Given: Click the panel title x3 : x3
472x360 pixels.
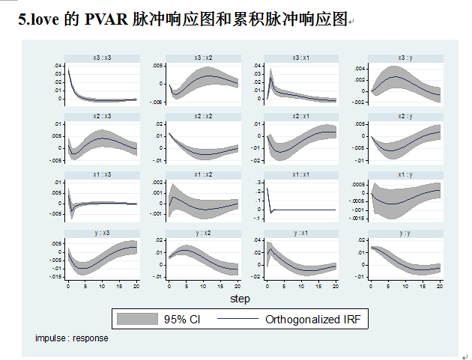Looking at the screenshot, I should (102, 58).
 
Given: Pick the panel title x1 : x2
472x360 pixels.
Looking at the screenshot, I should (203, 174).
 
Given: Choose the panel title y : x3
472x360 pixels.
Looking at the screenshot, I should (102, 233).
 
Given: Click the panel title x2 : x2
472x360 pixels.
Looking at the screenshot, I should (203, 116).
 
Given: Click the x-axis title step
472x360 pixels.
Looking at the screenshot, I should (240, 299).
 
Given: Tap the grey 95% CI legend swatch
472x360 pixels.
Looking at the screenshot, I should (138, 319).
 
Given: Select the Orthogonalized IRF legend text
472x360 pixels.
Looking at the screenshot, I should (313, 319).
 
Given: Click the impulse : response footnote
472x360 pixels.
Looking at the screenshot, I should (71, 338).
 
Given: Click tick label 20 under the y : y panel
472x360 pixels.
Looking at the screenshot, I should (440, 287).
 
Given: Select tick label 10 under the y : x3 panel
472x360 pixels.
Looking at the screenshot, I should (102, 287).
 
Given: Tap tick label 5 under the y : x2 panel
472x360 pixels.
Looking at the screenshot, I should (186, 287).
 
